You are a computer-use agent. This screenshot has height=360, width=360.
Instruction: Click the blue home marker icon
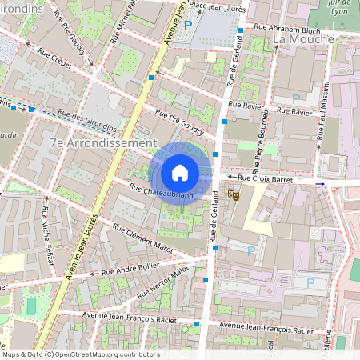point(180,173)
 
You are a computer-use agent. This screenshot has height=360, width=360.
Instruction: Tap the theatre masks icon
point(234,194)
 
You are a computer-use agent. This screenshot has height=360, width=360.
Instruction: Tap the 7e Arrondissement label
point(102,142)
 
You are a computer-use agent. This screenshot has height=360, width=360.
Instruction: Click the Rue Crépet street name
point(52,62)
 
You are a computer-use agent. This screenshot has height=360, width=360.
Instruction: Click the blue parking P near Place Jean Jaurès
point(188,26)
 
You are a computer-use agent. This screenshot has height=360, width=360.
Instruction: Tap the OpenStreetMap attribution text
point(80,354)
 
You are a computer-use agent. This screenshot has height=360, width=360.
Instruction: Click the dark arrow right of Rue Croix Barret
point(321,184)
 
